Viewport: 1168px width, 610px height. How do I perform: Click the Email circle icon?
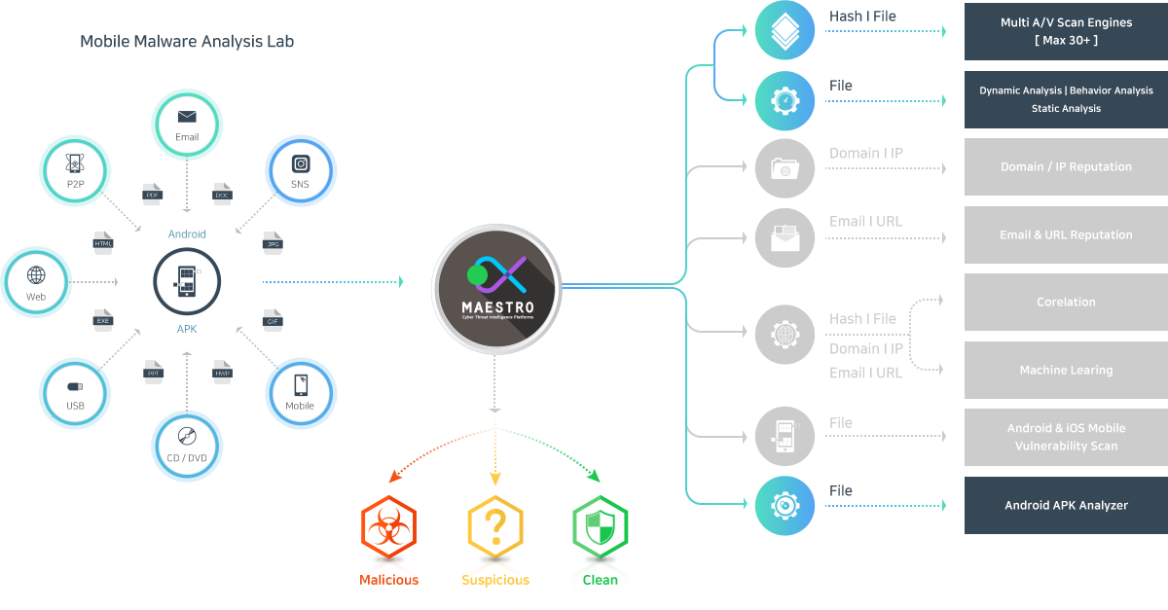(x=187, y=124)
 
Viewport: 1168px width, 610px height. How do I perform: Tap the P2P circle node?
(x=74, y=171)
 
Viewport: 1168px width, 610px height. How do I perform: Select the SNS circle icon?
(x=301, y=171)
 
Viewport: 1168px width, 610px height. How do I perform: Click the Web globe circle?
(x=37, y=282)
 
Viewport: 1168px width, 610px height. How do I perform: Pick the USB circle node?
(x=75, y=393)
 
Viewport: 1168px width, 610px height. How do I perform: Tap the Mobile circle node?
(x=301, y=393)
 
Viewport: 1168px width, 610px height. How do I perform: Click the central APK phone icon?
(x=187, y=282)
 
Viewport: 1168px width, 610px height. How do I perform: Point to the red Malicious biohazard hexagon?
(x=388, y=527)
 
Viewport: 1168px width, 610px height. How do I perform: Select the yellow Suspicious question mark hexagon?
(x=495, y=527)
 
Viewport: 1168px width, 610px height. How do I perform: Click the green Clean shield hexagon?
(x=600, y=527)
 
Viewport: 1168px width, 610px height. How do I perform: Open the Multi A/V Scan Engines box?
(x=1066, y=31)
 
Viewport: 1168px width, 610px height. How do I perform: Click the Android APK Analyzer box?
(x=1066, y=505)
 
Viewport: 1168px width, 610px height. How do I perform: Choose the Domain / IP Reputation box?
(x=1066, y=166)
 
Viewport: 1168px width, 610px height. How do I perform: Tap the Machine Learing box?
(x=1066, y=370)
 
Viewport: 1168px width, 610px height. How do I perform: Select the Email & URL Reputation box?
(x=1066, y=234)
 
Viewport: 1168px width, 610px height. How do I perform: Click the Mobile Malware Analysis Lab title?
(x=187, y=42)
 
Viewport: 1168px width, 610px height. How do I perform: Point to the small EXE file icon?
(x=103, y=317)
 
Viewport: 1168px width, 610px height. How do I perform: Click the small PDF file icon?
(x=152, y=192)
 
